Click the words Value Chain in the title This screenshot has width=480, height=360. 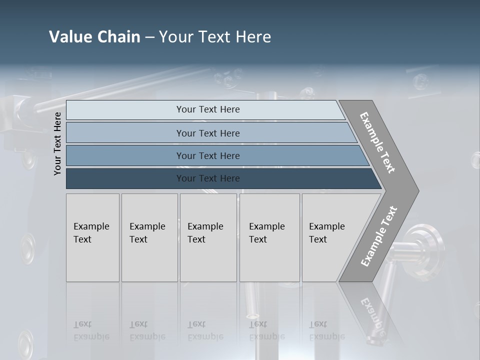coord(94,37)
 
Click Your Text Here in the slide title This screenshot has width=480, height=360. coord(215,37)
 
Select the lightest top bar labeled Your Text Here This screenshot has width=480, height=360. coord(207,109)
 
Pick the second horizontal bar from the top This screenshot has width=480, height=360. coord(207,133)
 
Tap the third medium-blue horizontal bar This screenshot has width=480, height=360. coord(207,155)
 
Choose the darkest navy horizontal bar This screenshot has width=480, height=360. coord(207,178)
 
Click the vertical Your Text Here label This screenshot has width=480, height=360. coord(57,143)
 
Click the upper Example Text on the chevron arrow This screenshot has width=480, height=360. coord(377,142)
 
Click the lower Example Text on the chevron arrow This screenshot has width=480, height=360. coord(379,236)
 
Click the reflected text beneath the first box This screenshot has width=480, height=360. coord(91,331)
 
